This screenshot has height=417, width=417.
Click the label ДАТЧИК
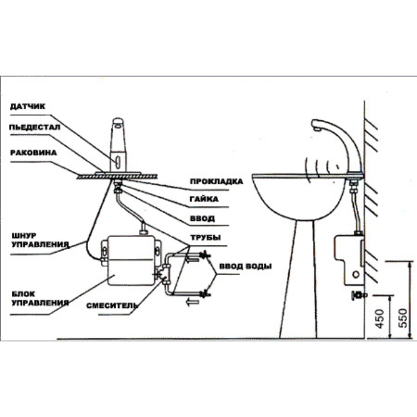pyautogui.click(x=27, y=107)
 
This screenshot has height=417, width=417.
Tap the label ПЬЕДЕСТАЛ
pyautogui.click(x=35, y=127)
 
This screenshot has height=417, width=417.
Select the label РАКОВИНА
pyautogui.click(x=33, y=153)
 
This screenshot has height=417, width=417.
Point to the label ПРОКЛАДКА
pyautogui.click(x=216, y=182)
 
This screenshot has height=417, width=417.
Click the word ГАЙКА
pyautogui.click(x=204, y=199)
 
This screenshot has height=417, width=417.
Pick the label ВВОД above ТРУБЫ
pyautogui.click(x=203, y=219)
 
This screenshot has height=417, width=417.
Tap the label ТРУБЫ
pyautogui.click(x=206, y=238)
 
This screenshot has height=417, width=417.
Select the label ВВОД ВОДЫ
pyautogui.click(x=245, y=266)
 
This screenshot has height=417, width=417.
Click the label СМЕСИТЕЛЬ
pyautogui.click(x=112, y=306)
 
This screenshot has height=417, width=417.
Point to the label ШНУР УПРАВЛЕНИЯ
pyautogui.click(x=40, y=240)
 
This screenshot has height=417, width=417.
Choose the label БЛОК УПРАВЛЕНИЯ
pyautogui.click(x=40, y=298)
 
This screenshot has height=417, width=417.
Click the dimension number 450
pyautogui.click(x=380, y=319)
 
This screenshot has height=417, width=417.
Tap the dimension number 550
pyautogui.click(x=403, y=318)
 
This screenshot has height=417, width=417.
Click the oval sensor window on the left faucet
pyautogui.click(x=117, y=160)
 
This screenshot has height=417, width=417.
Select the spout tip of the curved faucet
pyautogui.click(x=316, y=129)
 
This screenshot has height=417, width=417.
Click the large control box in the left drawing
pyautogui.click(x=130, y=261)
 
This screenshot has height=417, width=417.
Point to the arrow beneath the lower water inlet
pyautogui.click(x=193, y=302)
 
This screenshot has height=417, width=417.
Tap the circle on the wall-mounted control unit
pyautogui.click(x=356, y=274)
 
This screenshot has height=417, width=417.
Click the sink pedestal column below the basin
pyautogui.click(x=298, y=279)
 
